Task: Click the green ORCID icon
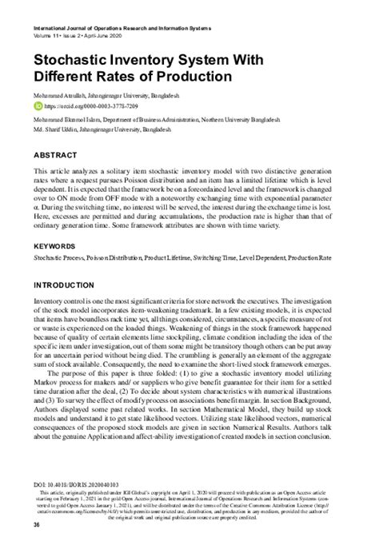(x=37, y=106)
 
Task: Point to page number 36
(x=36, y=525)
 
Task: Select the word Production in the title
(x=192, y=77)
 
